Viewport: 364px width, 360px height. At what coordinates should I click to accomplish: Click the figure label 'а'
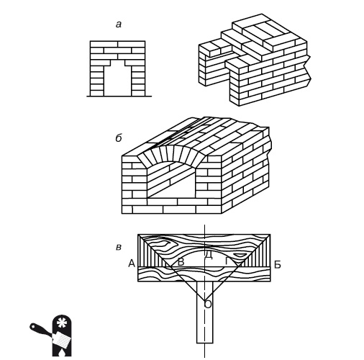(119, 24)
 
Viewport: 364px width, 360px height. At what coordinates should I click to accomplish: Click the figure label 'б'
(119, 138)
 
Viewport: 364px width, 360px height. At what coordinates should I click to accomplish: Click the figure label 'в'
(119, 247)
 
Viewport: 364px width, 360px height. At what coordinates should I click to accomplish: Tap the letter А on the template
(132, 264)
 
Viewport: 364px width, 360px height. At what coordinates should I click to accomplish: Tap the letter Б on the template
(278, 265)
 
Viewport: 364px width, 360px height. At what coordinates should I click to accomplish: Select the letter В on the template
(181, 262)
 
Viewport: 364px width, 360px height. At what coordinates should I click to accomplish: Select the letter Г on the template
(227, 261)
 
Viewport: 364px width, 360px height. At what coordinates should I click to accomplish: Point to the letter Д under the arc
(208, 255)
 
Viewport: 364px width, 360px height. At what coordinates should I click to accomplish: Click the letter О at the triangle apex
(208, 305)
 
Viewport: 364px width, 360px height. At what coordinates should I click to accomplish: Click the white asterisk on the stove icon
(61, 323)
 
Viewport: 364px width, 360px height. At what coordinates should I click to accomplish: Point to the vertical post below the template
(204, 312)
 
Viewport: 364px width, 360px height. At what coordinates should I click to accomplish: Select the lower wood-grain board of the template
(204, 274)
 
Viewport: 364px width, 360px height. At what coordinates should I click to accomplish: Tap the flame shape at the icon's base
(62, 352)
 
